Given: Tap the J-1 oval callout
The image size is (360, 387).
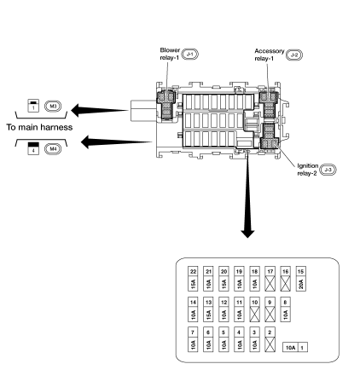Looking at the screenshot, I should point(191,55).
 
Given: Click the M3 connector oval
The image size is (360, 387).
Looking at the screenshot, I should point(52,107).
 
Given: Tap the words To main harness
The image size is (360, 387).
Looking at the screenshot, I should point(39,127).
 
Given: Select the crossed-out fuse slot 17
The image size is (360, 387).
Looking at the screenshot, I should point(269,278).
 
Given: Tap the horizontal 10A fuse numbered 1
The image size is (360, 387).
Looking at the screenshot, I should point(296,348).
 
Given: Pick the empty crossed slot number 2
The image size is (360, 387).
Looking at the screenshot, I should point(269,341).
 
